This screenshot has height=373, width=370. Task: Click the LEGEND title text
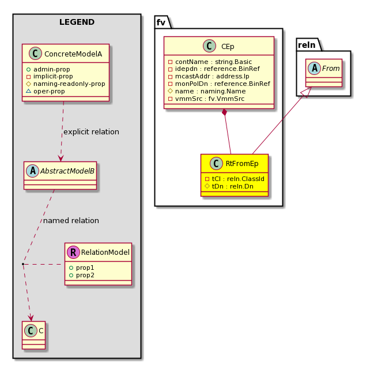pos(77,22)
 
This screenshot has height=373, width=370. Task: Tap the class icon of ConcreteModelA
pos(35,54)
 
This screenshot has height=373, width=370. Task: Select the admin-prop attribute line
pos(48,69)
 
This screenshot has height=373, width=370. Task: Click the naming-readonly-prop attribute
pos(66,84)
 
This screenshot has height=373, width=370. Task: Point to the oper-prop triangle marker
pos(29,91)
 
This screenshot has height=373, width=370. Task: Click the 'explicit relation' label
pos(91,132)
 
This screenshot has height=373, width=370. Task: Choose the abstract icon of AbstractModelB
pos(33,171)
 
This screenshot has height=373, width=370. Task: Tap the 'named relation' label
pos(71,221)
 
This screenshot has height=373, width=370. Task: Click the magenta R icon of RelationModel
pos(73,252)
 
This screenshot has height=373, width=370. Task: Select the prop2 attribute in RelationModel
pos(82,275)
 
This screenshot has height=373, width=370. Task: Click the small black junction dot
pos(23,264)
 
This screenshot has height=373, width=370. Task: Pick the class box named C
pos(33,335)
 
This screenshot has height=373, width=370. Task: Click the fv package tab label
pos(161,22)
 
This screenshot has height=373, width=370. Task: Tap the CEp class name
pos(228,46)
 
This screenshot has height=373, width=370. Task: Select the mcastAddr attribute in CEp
pos(209,76)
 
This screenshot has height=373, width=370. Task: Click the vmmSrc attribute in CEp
pos(206,99)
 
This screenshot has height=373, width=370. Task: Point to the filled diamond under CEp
pos(224,112)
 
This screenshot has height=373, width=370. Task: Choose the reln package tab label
pos(307,45)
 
